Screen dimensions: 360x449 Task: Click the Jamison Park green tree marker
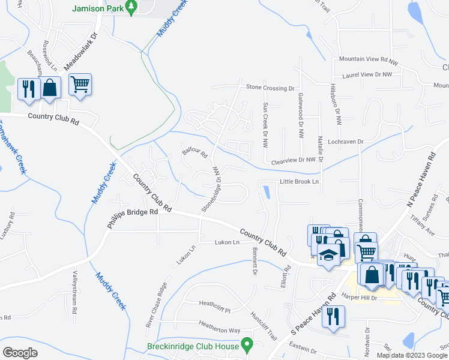[x=133, y=7]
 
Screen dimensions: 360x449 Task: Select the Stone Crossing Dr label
[x=270, y=88]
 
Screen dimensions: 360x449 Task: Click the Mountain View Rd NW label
[x=369, y=60]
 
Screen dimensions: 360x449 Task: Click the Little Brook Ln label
[x=298, y=181]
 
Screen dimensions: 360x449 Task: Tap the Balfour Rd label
[x=194, y=153]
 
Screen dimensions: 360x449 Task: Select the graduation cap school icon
[x=328, y=256]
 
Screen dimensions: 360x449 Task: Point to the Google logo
[x=20, y=352]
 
